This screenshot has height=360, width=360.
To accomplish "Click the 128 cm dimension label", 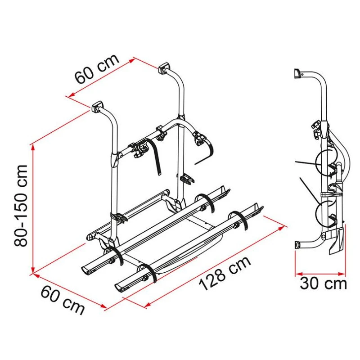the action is pos(225,273).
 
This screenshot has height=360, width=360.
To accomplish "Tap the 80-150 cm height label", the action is pos(21,206).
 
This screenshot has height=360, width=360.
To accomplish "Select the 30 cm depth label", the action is pos(323,284).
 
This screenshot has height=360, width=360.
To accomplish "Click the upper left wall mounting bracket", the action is pos(97,106).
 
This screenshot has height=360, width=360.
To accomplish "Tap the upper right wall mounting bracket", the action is pos(164,68).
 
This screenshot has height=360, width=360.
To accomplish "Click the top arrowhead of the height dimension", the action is pos(33,148).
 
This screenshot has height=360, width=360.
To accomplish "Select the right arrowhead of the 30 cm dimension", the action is pos(342,274).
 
